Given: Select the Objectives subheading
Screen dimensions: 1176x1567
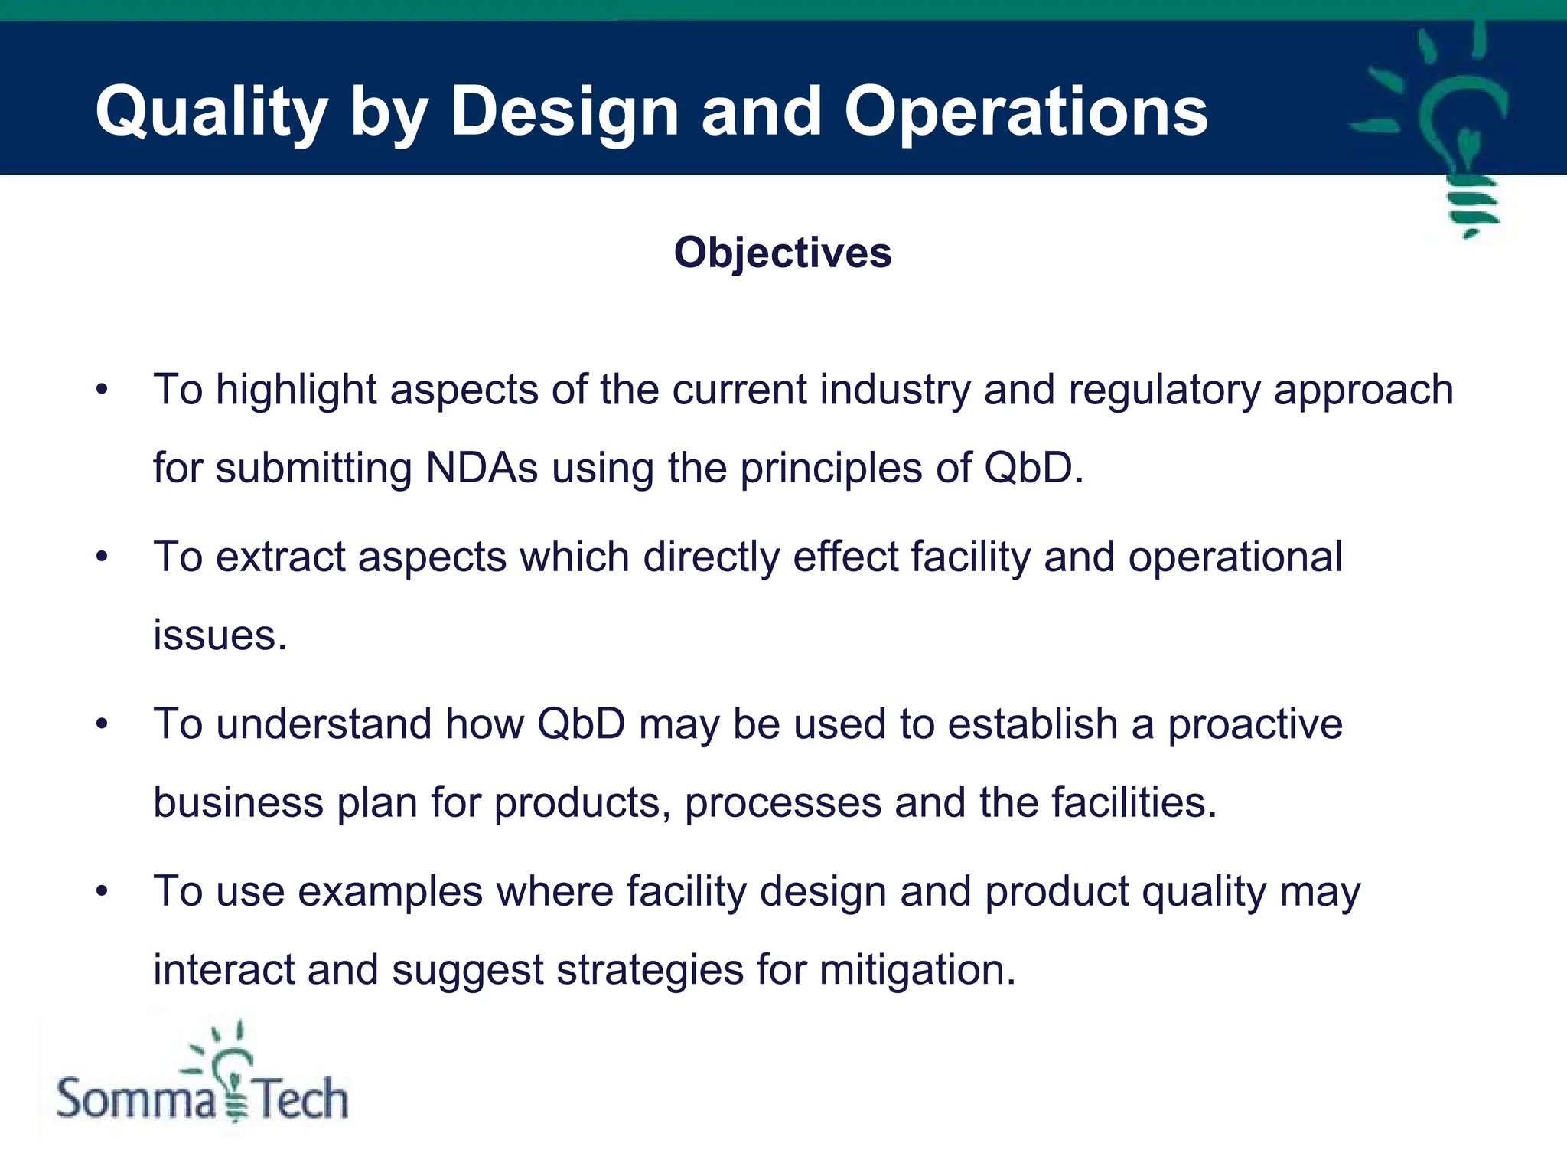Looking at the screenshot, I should coord(783,253).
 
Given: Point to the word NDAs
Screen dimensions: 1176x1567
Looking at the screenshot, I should coord(481,468).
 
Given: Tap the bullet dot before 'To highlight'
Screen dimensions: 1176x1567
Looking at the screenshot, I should coord(102,390).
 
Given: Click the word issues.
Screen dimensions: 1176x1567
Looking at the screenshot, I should coord(219,635).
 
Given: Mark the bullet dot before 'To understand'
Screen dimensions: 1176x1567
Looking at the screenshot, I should coord(102,724).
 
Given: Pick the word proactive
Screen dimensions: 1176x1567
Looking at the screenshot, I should coord(1255,724).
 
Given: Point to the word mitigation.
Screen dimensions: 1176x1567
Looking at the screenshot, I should coord(917,969).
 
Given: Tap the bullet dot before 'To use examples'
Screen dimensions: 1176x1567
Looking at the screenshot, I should coord(102,891).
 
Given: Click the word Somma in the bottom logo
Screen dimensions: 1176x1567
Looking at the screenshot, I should coord(136,1099).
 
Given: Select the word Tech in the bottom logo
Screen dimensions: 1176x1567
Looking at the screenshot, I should coord(301,1099).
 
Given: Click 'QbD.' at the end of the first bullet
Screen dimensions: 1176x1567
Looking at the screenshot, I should coord(1033,468).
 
